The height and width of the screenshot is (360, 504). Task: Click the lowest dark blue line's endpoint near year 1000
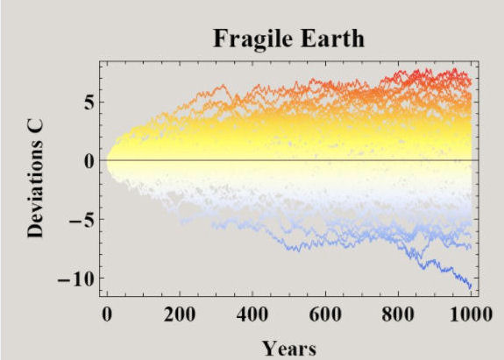tap(471, 286)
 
